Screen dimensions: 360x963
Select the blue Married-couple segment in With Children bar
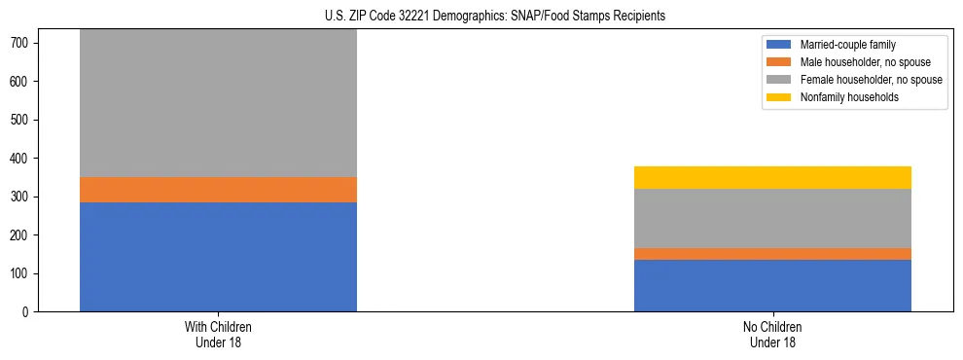218,257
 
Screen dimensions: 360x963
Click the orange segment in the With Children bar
218,190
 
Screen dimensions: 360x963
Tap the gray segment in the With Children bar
218,103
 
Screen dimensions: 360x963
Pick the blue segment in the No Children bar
772,286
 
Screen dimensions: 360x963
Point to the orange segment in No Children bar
772,254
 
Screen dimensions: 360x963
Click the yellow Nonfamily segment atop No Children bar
772,177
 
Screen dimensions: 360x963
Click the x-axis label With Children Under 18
218,334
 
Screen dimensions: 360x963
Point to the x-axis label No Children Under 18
772,334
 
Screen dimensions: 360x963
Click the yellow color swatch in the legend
779,97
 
